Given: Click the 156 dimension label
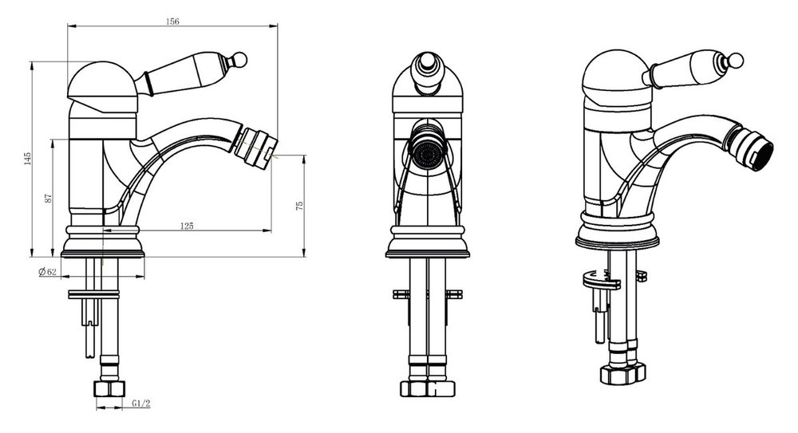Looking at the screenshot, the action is pos(172,22).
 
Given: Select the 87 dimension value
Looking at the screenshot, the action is pos(49,198).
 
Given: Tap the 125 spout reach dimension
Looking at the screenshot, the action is pos(188,226).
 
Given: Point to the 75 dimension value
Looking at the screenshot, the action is pos(299,206).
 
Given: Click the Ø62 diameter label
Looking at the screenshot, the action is pos(47,272).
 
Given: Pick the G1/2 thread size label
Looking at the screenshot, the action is pos(141,403).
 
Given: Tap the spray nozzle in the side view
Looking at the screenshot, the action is pos(256,148).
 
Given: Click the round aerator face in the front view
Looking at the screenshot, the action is pos(428,152).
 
